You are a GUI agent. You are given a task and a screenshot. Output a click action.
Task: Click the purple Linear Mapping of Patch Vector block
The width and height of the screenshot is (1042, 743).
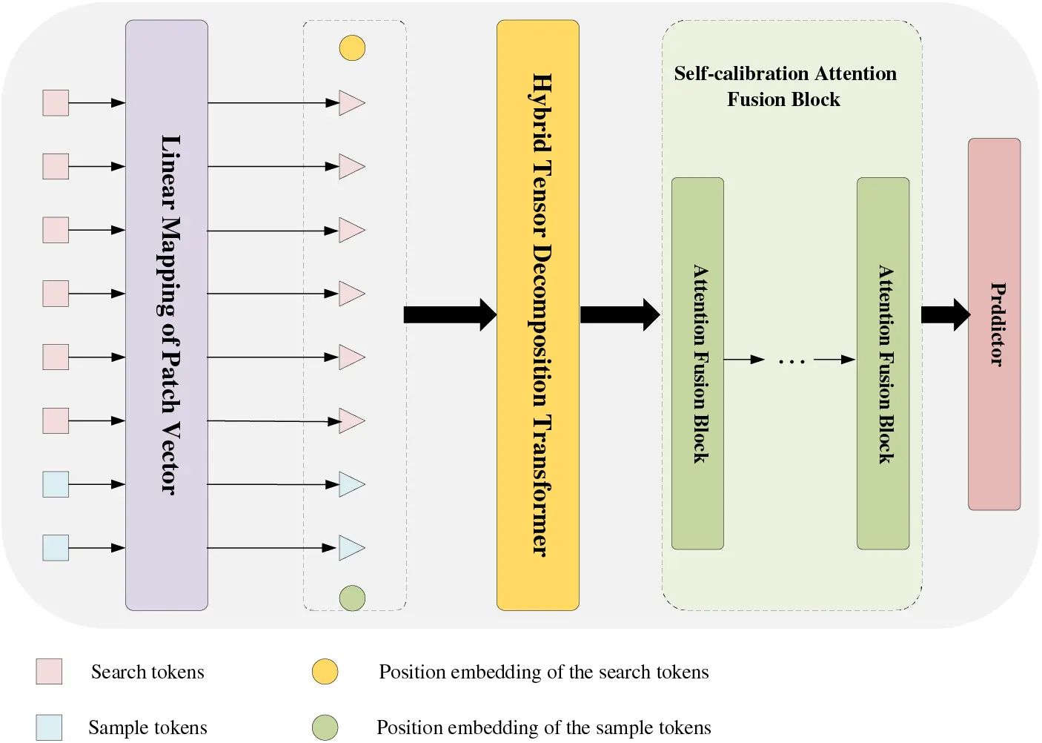pos(166,315)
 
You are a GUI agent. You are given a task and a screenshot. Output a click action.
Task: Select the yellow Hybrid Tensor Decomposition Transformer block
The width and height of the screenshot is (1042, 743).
pos(537,315)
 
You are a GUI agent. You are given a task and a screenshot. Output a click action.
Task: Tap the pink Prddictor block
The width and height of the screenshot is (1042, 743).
pos(994,324)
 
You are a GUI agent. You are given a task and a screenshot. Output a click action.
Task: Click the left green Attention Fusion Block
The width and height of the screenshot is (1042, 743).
pos(697,363)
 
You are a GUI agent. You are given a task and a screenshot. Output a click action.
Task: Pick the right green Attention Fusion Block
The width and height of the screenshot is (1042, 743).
pos(883,363)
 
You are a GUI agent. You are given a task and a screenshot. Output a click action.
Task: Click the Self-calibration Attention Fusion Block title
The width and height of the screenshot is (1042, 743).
pos(785,86)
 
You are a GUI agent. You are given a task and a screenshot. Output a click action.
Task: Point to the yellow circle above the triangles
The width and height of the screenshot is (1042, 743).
pos(352,48)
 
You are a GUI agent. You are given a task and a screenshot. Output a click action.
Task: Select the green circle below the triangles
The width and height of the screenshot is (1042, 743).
pos(352,598)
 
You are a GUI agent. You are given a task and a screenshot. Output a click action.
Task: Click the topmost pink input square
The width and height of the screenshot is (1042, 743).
pos(56,103)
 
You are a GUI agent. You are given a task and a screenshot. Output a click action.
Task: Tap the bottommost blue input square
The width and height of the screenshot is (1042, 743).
pos(56,548)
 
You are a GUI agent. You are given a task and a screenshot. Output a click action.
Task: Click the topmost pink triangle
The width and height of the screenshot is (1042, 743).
pos(351,103)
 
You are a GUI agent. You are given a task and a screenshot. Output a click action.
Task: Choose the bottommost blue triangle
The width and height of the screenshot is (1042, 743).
pos(351,548)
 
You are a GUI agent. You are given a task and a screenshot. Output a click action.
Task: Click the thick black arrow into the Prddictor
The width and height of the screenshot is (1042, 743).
pos(944,314)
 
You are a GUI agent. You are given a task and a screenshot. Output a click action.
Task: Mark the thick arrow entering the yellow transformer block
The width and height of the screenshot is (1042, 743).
pos(449,314)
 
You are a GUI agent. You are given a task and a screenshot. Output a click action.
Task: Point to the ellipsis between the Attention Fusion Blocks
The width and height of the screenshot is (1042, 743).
pos(791,362)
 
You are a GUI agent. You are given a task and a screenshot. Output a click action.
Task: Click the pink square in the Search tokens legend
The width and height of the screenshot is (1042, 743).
pos(49,672)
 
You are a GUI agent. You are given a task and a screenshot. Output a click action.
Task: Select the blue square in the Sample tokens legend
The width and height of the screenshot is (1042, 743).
pos(49,727)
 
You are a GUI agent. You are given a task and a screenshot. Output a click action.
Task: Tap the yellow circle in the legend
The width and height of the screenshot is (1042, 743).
pos(325,672)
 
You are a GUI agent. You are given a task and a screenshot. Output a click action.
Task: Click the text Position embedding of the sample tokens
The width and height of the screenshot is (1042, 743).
pos(543,727)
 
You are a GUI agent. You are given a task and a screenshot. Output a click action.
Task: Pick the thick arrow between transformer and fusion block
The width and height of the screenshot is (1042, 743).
pos(619,314)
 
